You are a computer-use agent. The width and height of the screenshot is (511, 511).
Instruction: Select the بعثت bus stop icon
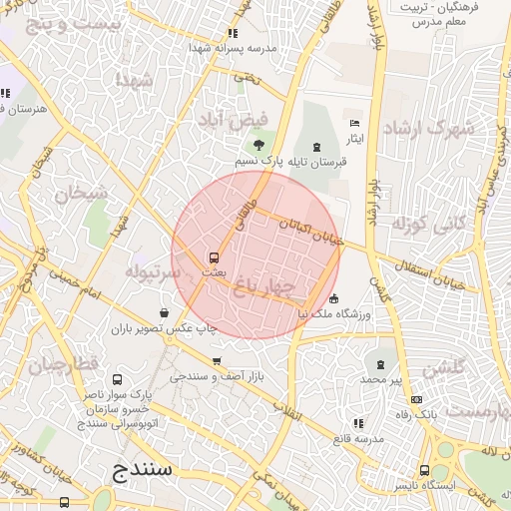pos(214,256)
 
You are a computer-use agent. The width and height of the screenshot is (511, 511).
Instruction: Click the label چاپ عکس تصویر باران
pos(165,327)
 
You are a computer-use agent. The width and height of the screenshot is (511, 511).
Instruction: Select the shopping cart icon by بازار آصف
pos(217,361)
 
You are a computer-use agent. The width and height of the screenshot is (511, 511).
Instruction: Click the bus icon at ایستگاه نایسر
pos(425,470)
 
